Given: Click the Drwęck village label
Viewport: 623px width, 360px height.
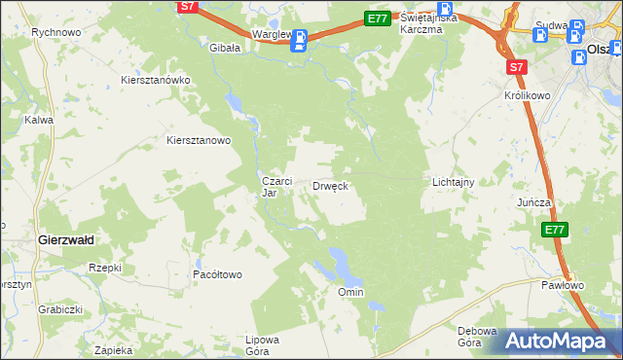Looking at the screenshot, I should tap(330, 185).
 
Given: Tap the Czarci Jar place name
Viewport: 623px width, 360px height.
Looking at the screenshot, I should tap(272, 186).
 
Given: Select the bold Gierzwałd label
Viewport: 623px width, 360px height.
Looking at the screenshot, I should tap(64, 238).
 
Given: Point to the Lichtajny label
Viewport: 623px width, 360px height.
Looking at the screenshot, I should tap(453, 182).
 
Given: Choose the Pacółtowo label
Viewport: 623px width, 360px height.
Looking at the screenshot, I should tap(217, 274).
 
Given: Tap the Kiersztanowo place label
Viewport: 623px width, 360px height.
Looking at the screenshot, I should tap(199, 140).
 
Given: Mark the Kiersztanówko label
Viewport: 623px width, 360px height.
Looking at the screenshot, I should tap(155, 80).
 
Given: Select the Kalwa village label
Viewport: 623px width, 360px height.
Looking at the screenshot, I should tap(39, 120).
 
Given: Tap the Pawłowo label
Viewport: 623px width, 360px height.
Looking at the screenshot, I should tap(563, 285).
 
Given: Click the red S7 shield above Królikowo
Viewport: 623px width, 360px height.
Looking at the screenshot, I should tap(516, 67).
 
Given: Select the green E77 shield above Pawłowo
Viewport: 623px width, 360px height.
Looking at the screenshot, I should tap(554, 230).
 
